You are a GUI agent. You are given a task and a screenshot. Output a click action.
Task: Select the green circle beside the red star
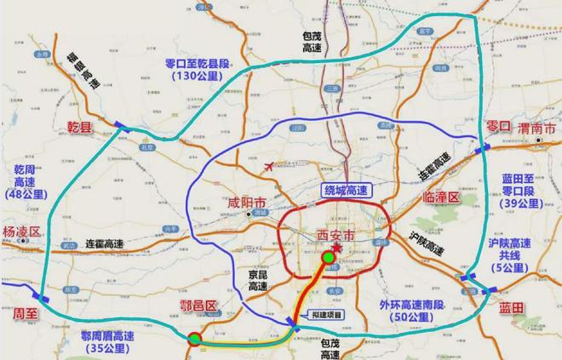329,257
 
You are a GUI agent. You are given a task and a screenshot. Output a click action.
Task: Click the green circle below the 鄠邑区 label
194,340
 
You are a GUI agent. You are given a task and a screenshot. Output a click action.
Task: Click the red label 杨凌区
23,231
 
